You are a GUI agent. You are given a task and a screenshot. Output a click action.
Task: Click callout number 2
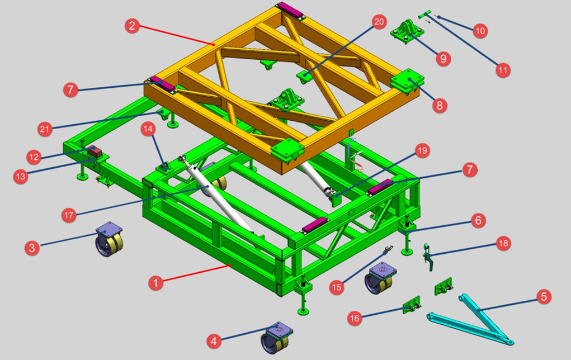tap(132, 26)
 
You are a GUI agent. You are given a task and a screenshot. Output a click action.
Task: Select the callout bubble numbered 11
tap(503, 70)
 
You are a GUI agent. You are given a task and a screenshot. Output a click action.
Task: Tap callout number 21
tap(44, 129)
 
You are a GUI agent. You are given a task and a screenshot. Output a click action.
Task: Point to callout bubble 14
tap(148, 129)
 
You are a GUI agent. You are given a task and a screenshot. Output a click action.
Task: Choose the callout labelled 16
tap(355, 319)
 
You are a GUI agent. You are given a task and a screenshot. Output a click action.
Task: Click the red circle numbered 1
tap(155, 283)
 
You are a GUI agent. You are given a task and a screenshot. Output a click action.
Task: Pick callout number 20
tap(379, 22)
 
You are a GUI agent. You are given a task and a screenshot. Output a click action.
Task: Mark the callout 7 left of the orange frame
tap(70, 89)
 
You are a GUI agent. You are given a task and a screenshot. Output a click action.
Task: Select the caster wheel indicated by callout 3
tap(109, 239)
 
